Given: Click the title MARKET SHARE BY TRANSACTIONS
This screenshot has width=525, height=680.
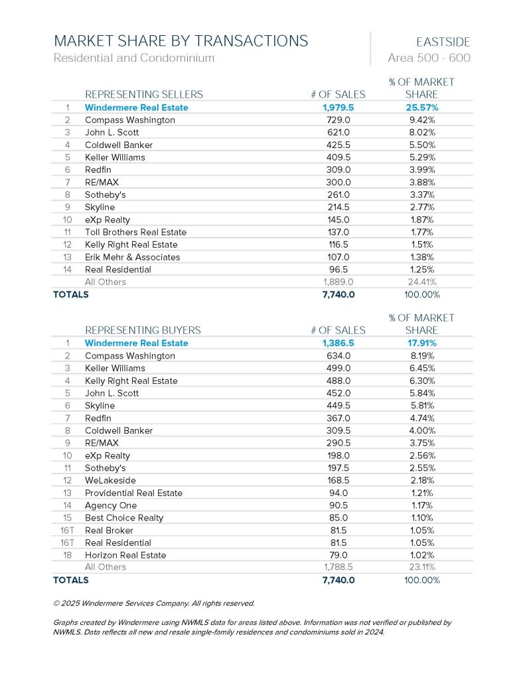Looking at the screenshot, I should click(181, 41).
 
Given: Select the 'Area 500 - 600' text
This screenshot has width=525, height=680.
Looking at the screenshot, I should click(429, 58).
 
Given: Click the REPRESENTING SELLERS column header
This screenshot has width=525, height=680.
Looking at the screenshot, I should click(144, 94).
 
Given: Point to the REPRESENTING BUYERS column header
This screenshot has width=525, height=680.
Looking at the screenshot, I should click(143, 330).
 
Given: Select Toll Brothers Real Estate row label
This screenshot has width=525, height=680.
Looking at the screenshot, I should click(135, 232).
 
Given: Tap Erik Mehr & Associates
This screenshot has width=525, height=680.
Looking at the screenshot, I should click(132, 257).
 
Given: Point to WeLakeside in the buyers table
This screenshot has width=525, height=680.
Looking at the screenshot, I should click(110, 481).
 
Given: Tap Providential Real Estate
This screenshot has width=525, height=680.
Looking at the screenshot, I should click(133, 493).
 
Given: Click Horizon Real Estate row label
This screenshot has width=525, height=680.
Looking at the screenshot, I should click(125, 555).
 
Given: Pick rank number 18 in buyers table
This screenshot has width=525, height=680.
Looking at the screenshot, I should click(68, 555).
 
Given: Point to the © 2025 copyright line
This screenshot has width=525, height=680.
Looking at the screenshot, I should click(153, 604).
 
